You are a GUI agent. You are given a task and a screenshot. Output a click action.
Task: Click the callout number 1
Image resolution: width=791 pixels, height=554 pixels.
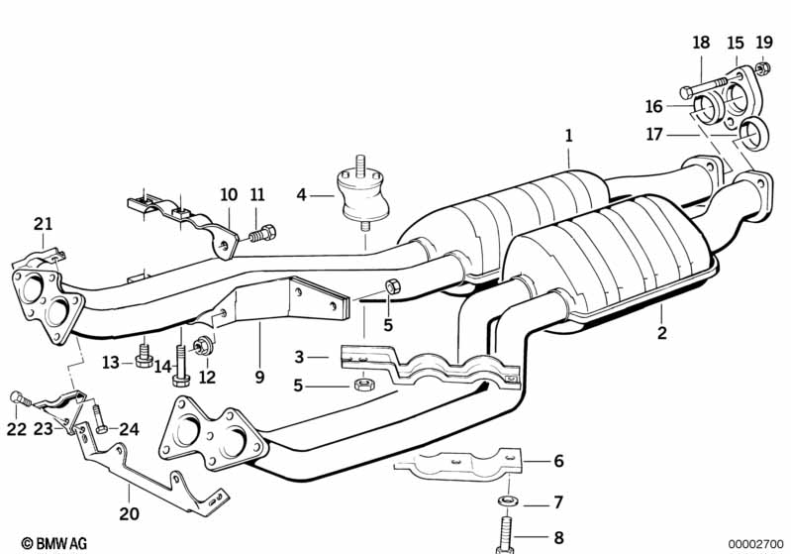(568, 136)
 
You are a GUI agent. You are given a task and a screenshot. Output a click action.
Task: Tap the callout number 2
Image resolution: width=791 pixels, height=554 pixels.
(661, 332)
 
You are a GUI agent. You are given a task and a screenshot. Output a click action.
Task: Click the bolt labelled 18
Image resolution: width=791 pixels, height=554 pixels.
(704, 87)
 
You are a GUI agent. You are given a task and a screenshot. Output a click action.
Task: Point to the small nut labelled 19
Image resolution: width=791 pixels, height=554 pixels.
(763, 67)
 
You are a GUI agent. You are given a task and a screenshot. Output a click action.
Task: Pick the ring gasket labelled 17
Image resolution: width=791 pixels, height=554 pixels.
(754, 134)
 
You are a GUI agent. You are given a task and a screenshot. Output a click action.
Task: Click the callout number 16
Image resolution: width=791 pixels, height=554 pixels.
(653, 107)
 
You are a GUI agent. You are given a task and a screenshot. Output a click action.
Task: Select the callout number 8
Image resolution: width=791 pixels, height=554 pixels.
(558, 538)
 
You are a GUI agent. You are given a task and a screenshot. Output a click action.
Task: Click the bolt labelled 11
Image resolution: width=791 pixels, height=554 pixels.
(262, 234)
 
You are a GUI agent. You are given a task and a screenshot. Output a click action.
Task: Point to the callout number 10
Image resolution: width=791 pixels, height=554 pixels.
(229, 194)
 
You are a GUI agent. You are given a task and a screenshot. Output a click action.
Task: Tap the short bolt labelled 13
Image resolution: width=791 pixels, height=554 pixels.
(144, 355)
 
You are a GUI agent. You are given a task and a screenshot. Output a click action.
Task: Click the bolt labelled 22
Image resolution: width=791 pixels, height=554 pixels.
(21, 399)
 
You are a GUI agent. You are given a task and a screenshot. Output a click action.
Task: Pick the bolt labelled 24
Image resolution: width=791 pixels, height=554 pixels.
(99, 419)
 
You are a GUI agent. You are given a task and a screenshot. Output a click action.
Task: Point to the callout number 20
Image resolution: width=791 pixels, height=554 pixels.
(129, 513)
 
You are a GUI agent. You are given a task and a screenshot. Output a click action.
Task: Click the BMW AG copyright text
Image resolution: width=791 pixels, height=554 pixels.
(54, 543)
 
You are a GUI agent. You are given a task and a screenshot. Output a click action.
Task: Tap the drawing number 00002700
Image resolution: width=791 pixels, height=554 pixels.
(755, 544)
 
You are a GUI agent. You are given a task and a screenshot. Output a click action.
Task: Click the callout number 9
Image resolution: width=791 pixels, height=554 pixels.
(259, 377)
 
